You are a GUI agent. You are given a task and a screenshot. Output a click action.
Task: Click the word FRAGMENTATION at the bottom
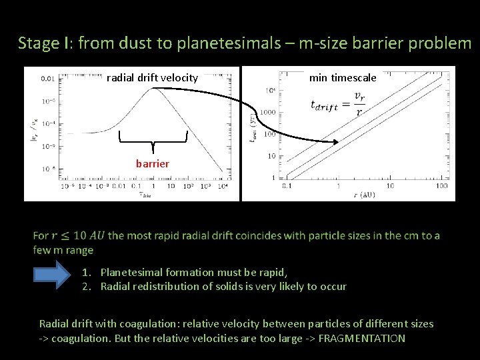(x=362, y=338)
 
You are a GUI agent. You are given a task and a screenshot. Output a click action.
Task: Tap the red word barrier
(x=153, y=163)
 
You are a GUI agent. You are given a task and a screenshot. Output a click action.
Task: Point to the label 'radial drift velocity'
(x=152, y=78)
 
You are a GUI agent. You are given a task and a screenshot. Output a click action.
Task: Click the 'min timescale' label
(x=343, y=78)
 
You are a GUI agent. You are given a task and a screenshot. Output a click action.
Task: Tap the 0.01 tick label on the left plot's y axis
(x=48, y=79)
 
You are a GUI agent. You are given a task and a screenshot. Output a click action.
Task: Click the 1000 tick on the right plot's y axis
(x=267, y=112)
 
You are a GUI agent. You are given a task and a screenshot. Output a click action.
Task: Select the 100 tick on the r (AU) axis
(x=441, y=186)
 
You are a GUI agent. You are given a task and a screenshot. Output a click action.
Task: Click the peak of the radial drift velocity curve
(x=155, y=89)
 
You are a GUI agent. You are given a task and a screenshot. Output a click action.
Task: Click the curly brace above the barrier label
(x=153, y=141)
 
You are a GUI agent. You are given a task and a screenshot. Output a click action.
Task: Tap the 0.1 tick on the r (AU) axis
(x=287, y=186)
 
